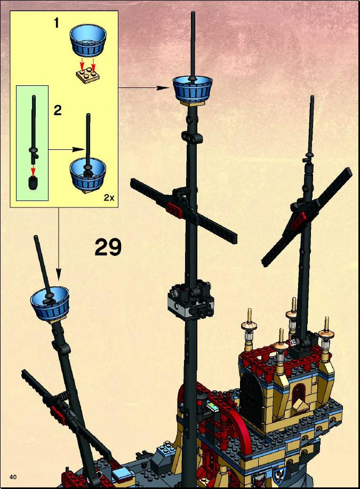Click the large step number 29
[108, 247]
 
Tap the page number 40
[13, 477]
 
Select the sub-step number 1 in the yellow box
[57, 23]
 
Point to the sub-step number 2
[58, 110]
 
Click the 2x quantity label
[109, 197]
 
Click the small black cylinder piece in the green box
[33, 182]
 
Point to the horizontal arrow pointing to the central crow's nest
[143, 88]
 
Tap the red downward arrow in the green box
[33, 169]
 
